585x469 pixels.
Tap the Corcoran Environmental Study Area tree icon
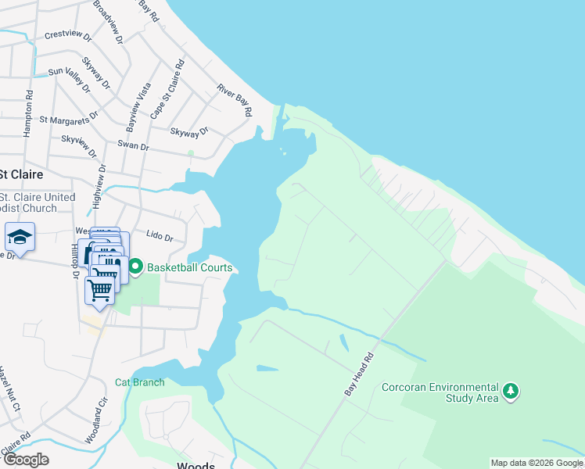pyautogui.click(x=511, y=391)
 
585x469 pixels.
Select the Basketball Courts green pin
pyautogui.click(x=135, y=267)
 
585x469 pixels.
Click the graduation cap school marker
pyautogui.click(x=20, y=237)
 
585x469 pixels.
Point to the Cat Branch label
pyautogui.click(x=140, y=382)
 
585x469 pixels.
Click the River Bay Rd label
pyautogui.click(x=235, y=100)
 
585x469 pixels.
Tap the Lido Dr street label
pyautogui.click(x=159, y=234)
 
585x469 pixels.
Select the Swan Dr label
pyautogui.click(x=132, y=145)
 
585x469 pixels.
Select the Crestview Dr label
pyautogui.click(x=68, y=35)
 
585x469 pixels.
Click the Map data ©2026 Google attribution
pyautogui.click(x=537, y=463)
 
